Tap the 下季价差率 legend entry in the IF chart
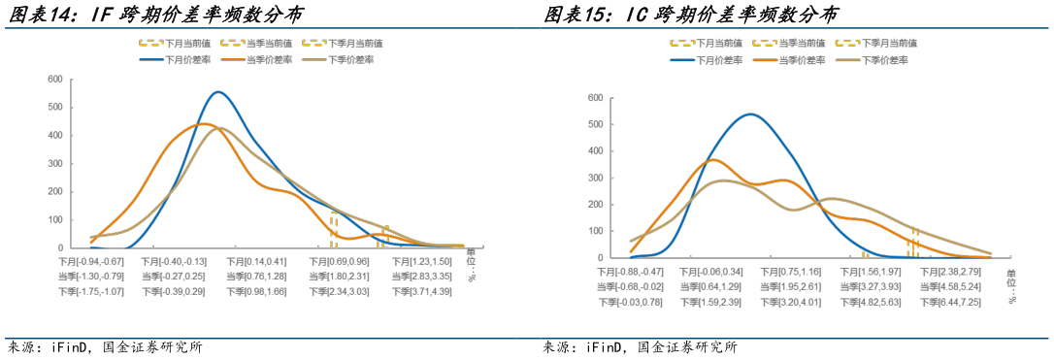click(346, 60)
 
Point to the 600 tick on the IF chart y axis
click(55, 80)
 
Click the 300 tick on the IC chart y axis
click(595, 178)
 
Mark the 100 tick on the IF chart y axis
click(55, 220)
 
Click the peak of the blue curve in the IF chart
click(218, 92)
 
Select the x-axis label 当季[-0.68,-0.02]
click(630, 286)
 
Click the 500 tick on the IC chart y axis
click(595, 124)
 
